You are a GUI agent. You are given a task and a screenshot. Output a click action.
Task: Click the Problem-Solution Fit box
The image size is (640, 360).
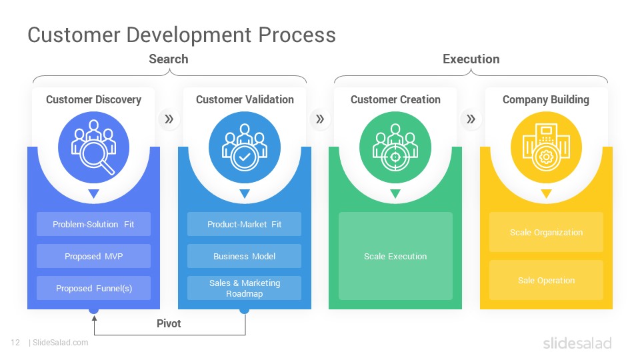pyautogui.click(x=93, y=224)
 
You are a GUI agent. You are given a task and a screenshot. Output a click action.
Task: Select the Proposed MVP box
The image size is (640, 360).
pyautogui.click(x=93, y=256)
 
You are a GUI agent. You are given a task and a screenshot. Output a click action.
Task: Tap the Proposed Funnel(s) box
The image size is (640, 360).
pyautogui.click(x=93, y=288)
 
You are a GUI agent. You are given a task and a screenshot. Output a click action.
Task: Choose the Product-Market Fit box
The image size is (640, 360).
pyautogui.click(x=244, y=224)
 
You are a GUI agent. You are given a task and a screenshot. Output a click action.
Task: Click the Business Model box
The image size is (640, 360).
pyautogui.click(x=244, y=256)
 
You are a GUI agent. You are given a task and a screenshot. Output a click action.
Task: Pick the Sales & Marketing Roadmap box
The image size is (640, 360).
pyautogui.click(x=244, y=288)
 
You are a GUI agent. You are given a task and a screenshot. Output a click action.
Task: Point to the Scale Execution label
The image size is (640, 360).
pyautogui.click(x=395, y=256)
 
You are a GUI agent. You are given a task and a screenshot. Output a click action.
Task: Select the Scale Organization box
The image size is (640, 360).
pyautogui.click(x=546, y=232)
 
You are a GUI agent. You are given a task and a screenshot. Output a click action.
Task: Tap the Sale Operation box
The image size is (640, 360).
pyautogui.click(x=546, y=280)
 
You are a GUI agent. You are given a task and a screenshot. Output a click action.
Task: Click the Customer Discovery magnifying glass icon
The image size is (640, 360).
pyautogui.click(x=93, y=147)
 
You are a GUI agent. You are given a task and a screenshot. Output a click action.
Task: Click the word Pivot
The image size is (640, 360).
pyautogui.click(x=169, y=324)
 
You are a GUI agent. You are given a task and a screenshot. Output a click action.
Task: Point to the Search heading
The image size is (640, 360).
pyautogui.click(x=169, y=59)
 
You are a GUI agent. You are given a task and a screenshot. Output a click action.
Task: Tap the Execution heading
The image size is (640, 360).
pyautogui.click(x=471, y=59)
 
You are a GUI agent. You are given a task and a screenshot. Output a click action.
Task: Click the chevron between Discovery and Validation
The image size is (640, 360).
pyautogui.click(x=169, y=119)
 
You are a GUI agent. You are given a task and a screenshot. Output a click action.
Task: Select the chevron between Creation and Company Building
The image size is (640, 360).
pyautogui.click(x=471, y=119)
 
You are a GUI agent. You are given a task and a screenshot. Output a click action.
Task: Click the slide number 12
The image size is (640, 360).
pyautogui.click(x=15, y=343)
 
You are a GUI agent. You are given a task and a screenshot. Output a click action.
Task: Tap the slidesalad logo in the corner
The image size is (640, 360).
pyautogui.click(x=577, y=343)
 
